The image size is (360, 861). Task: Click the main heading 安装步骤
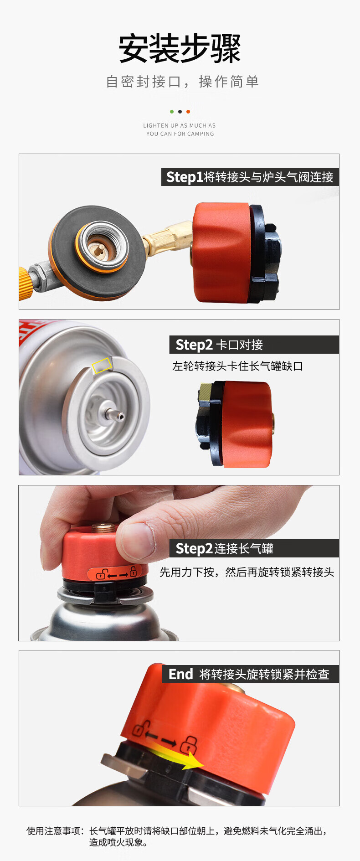tap(180, 48)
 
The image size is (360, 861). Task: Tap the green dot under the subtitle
tap(172, 112)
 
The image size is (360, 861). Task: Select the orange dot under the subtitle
tap(188, 112)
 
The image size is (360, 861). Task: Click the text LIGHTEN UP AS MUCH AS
tap(180, 125)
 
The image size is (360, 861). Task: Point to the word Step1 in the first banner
tap(185, 177)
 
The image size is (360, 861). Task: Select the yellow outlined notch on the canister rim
tap(102, 365)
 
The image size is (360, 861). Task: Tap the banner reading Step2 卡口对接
tap(254, 345)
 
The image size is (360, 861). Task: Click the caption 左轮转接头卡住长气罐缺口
tap(237, 366)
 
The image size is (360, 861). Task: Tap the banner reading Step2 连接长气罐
tap(254, 548)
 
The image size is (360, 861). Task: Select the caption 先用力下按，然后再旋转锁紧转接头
tap(247, 572)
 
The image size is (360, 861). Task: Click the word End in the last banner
tap(181, 674)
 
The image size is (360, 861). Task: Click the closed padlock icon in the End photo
tap(189, 745)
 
